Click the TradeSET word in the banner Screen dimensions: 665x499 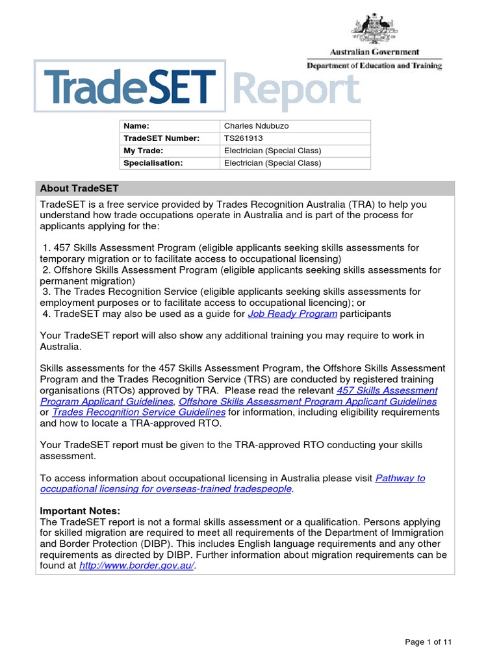point(130,88)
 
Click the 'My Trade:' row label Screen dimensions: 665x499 point(144,151)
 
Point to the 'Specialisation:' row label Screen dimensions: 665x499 point(153,163)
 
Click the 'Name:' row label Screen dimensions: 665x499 point(136,126)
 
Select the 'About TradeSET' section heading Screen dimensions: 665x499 point(79,188)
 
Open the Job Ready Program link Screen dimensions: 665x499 point(292,314)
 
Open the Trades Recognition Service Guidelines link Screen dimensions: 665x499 point(139,412)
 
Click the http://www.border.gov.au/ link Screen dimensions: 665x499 point(136,566)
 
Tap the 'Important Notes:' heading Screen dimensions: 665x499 point(80,511)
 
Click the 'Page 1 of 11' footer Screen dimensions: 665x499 point(428,642)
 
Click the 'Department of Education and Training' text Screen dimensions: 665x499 point(374,66)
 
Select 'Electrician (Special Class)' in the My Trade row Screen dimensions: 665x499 point(273,151)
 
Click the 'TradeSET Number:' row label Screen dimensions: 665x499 point(161,138)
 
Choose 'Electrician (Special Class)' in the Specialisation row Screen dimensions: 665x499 point(273,163)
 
